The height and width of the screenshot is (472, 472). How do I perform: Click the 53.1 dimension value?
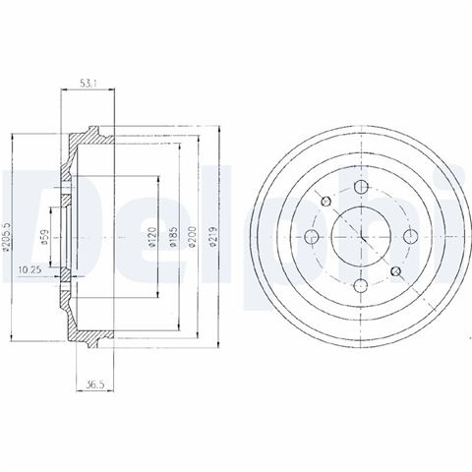[88, 84]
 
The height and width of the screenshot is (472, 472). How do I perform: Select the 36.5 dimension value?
[95, 385]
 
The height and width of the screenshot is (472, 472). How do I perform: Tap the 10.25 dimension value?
[29, 269]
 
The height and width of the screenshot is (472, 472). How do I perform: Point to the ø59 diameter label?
[45, 237]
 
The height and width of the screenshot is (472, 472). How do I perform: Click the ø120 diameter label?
[151, 237]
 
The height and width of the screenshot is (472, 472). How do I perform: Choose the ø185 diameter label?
[173, 237]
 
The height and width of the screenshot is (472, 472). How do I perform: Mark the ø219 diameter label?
[212, 237]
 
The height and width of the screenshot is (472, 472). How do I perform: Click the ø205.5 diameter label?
[7, 237]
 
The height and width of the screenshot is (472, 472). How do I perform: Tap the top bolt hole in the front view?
[361, 187]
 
